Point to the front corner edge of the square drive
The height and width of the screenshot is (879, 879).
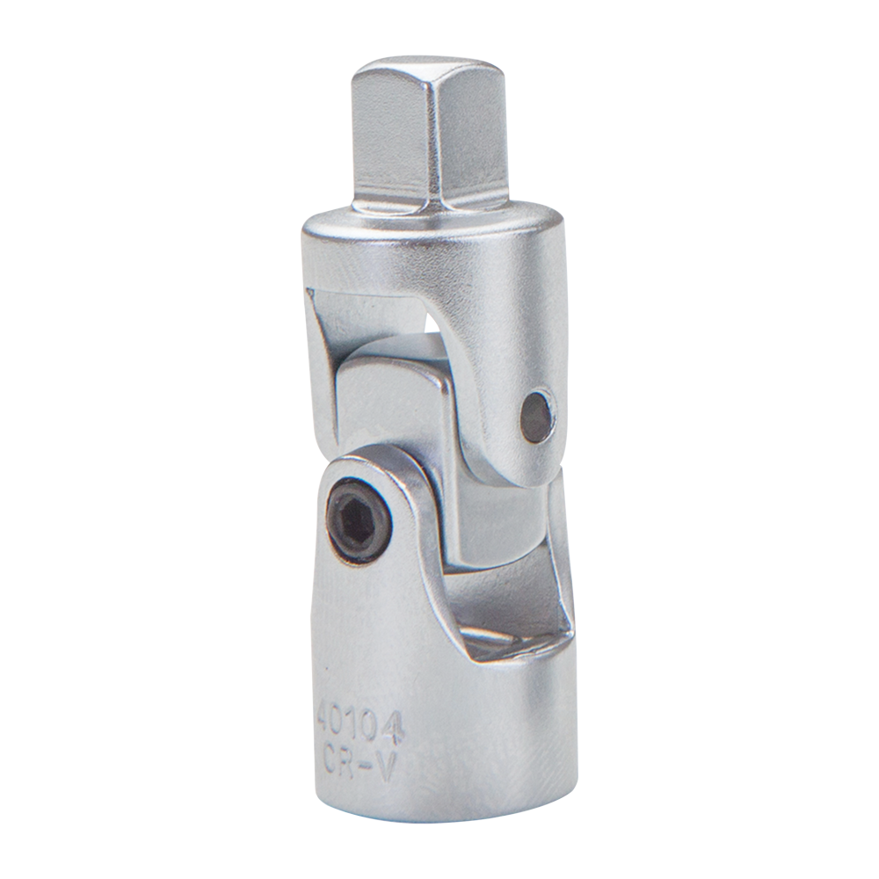(439, 141)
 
